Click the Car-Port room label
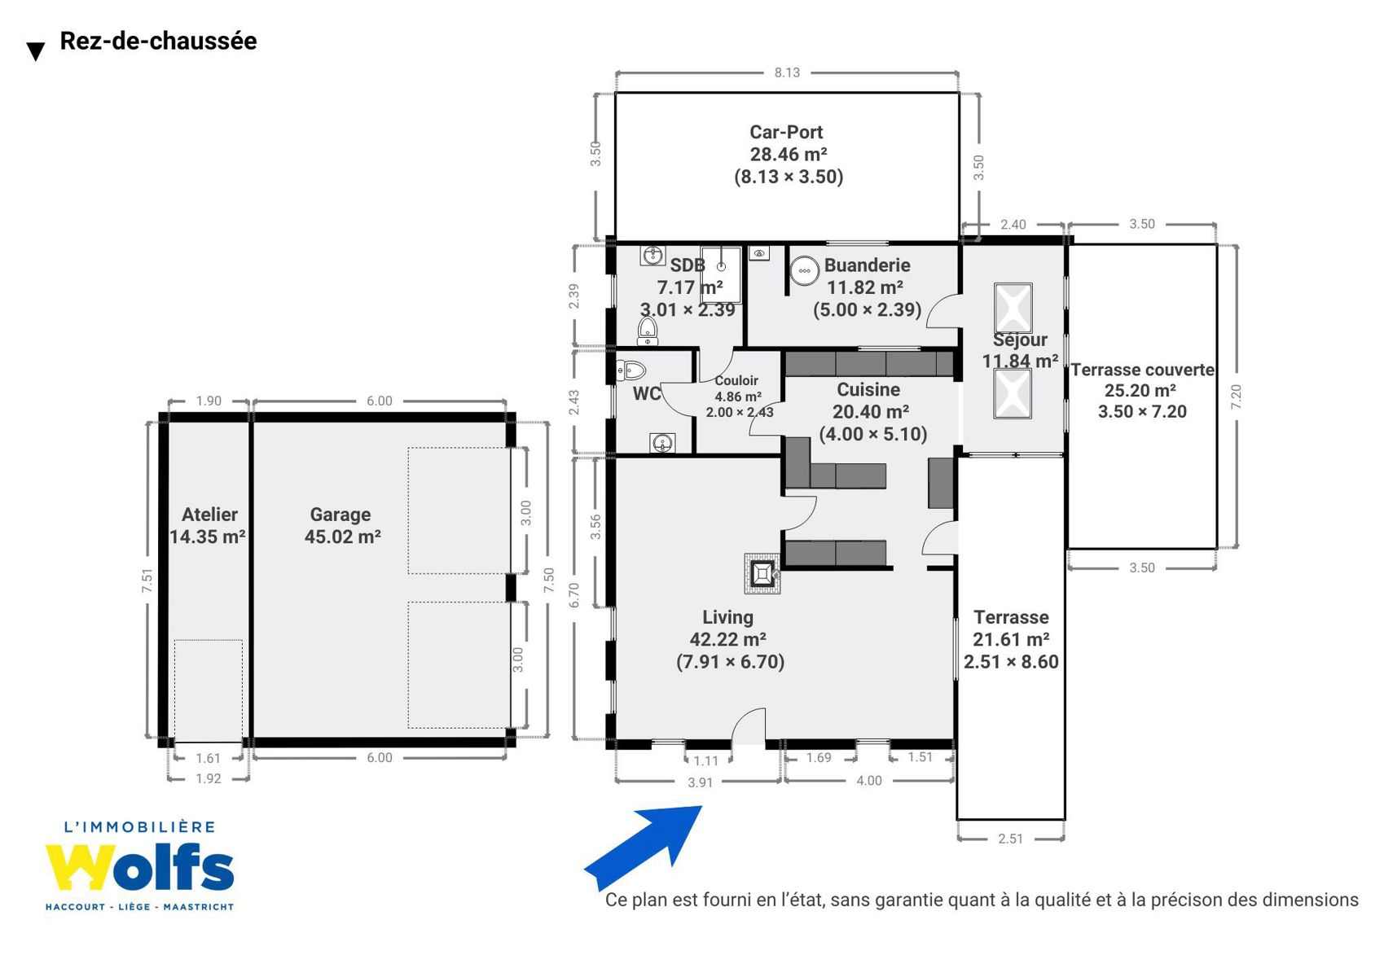786,132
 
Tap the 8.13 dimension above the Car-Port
787,73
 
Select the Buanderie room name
867,265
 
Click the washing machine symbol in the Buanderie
805,271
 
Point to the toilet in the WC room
630,370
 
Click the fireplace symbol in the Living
762,574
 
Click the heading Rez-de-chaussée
158,41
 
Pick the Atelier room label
209,515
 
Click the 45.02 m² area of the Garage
342,537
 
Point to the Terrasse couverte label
1142,370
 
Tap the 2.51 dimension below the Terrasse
1010,839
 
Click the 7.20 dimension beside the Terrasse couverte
1236,396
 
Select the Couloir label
736,381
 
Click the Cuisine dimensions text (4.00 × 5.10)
873,434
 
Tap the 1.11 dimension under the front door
705,761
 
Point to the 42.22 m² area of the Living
727,639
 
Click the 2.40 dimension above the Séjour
1013,225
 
